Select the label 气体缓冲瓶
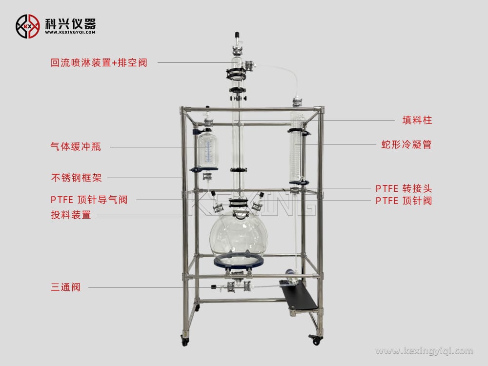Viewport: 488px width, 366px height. coord(76,146)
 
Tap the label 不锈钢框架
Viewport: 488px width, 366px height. coord(76,178)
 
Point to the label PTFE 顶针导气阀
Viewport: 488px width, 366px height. coord(89,200)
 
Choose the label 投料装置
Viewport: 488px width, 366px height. coord(71,215)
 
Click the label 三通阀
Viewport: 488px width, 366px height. coord(65,287)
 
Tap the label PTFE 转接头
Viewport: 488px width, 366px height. coord(404,188)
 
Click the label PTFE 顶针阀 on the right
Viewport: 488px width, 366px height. coord(404,201)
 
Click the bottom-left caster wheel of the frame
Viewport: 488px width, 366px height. coord(185,341)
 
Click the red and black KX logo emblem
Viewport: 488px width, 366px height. coord(27,25)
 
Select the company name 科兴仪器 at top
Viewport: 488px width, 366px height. coord(70,23)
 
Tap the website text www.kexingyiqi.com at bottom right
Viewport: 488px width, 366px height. coord(424,351)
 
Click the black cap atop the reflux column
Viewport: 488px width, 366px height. coord(237,35)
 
